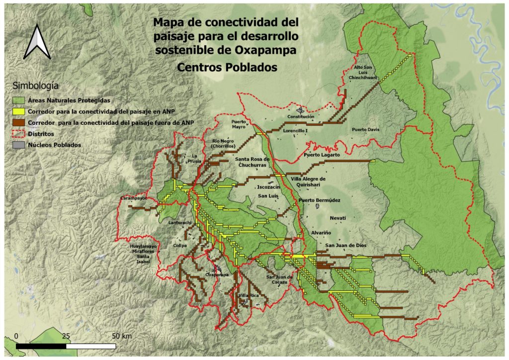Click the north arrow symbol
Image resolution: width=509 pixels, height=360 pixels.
[x=37, y=42]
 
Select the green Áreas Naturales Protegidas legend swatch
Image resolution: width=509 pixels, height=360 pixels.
[x=19, y=100]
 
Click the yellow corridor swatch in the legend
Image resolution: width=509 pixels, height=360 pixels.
[x=19, y=111]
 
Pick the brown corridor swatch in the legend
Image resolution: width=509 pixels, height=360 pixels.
[x=19, y=122]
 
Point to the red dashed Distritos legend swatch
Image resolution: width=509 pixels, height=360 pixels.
[x=19, y=134]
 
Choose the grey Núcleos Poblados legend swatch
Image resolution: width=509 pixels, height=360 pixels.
[x=19, y=145]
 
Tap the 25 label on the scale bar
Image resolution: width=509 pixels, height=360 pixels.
[x=66, y=336]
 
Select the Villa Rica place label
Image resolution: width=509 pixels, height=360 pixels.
[x=249, y=296]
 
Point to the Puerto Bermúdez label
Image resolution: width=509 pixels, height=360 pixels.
[x=319, y=200]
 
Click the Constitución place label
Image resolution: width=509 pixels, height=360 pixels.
[x=301, y=117]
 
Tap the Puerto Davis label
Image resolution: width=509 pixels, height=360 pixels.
[x=365, y=130]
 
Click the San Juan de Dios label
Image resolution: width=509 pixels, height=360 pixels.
[x=346, y=245]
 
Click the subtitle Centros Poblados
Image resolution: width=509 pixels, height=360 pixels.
[x=226, y=67]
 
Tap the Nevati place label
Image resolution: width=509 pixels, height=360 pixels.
[x=338, y=218]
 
